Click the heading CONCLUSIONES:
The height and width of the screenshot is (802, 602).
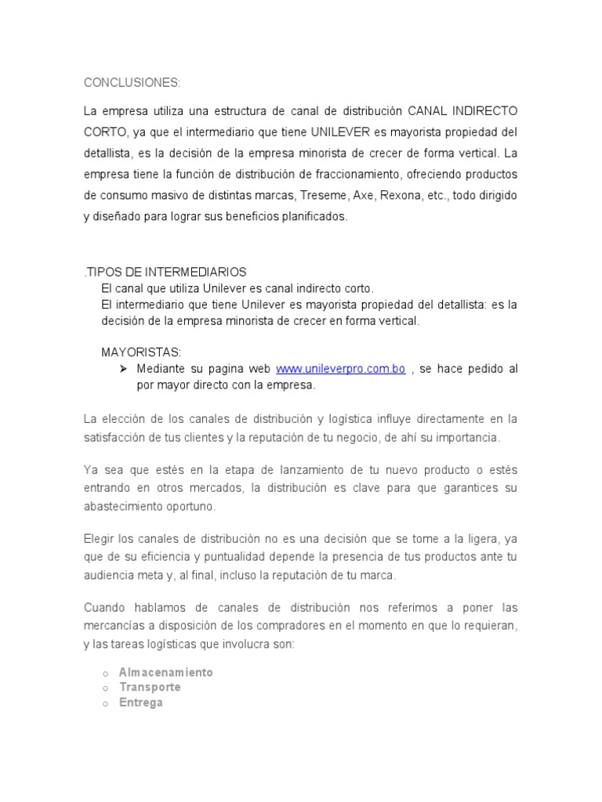point(132,82)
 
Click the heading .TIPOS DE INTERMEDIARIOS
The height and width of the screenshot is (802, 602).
point(165,272)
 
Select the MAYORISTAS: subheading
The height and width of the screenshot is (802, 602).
point(141,352)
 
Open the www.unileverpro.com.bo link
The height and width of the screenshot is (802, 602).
point(341,369)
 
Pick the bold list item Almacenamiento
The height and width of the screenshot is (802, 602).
point(165,672)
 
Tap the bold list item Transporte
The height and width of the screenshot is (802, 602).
point(150,687)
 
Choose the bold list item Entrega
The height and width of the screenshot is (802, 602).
point(141,703)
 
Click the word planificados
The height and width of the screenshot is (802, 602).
point(307,217)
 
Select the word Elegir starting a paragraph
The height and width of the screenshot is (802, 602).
point(100,538)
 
